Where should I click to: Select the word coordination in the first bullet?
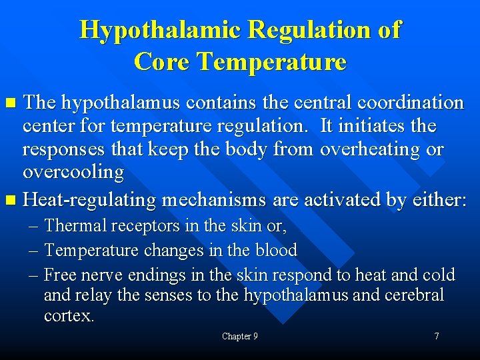(x=411, y=103)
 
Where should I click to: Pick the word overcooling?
(x=73, y=172)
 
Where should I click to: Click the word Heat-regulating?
(x=90, y=199)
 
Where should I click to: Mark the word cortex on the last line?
(x=68, y=315)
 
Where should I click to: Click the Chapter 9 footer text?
(x=239, y=337)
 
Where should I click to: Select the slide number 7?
(x=437, y=337)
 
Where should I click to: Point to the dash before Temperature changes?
(x=34, y=251)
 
